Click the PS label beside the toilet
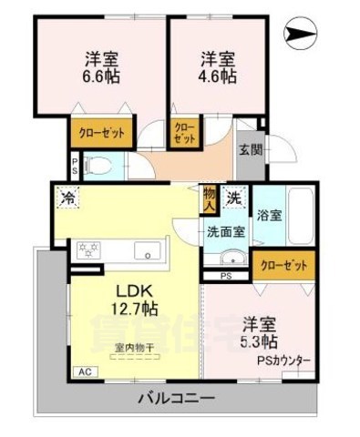click(74, 166)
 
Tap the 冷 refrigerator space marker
click(67, 194)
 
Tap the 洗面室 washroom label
click(225, 231)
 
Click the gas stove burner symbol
click(90, 249)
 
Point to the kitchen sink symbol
click(144, 249)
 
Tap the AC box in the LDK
click(84, 371)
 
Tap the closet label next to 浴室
click(283, 266)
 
